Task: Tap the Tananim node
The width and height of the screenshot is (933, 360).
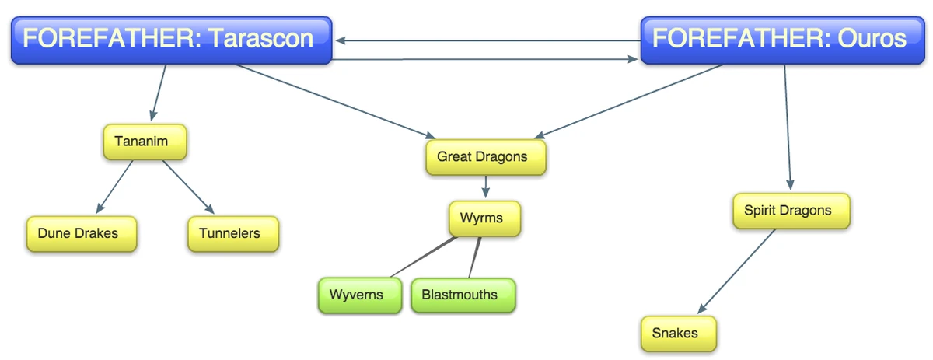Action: pos(145,142)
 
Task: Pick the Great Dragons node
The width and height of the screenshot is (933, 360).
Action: pos(485,157)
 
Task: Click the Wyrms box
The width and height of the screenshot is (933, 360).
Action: pos(484,218)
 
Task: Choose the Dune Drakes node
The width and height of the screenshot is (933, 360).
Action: pos(81,233)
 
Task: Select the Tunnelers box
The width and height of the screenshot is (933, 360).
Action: pos(232,233)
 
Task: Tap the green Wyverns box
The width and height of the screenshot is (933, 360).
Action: pos(359,295)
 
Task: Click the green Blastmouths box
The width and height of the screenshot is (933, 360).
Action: pos(463,295)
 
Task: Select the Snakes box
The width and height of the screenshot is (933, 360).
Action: pos(677,334)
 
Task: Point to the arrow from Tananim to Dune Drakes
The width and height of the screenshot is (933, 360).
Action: pos(115,187)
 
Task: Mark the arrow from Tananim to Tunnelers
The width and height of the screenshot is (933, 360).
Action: pos(187,187)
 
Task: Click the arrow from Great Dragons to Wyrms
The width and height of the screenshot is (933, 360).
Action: pos(486,187)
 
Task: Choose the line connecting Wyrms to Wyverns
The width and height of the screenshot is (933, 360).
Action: pos(424,257)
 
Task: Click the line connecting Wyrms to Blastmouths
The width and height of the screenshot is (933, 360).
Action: pos(475,257)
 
